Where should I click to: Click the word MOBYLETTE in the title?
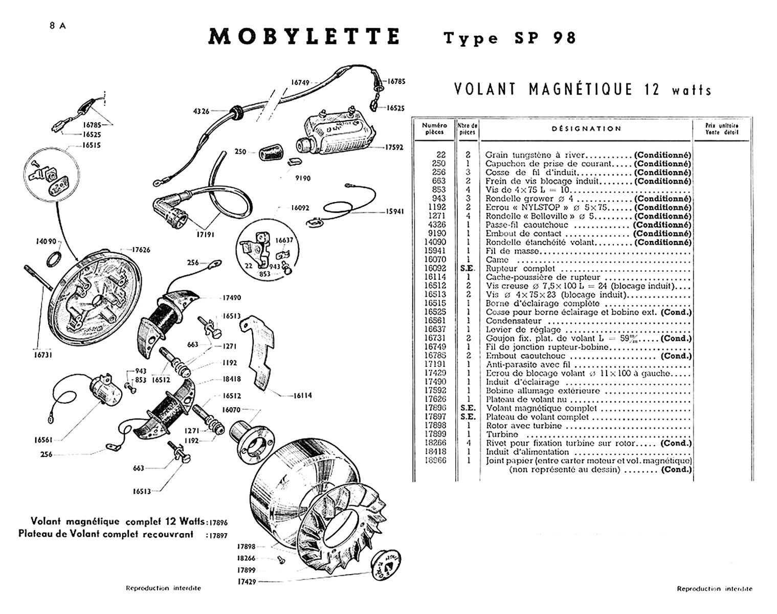(304, 37)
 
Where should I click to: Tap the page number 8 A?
(58, 27)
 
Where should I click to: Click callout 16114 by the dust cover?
(302, 396)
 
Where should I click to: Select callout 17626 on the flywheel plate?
(141, 250)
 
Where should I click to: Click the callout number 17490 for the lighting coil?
(231, 298)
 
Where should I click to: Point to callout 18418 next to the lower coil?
(232, 379)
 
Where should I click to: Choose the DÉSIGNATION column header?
(586, 129)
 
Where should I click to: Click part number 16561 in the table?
(435, 321)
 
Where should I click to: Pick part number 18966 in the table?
(435, 461)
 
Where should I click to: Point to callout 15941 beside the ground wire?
(395, 211)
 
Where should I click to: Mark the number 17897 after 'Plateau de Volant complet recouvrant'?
(217, 535)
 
